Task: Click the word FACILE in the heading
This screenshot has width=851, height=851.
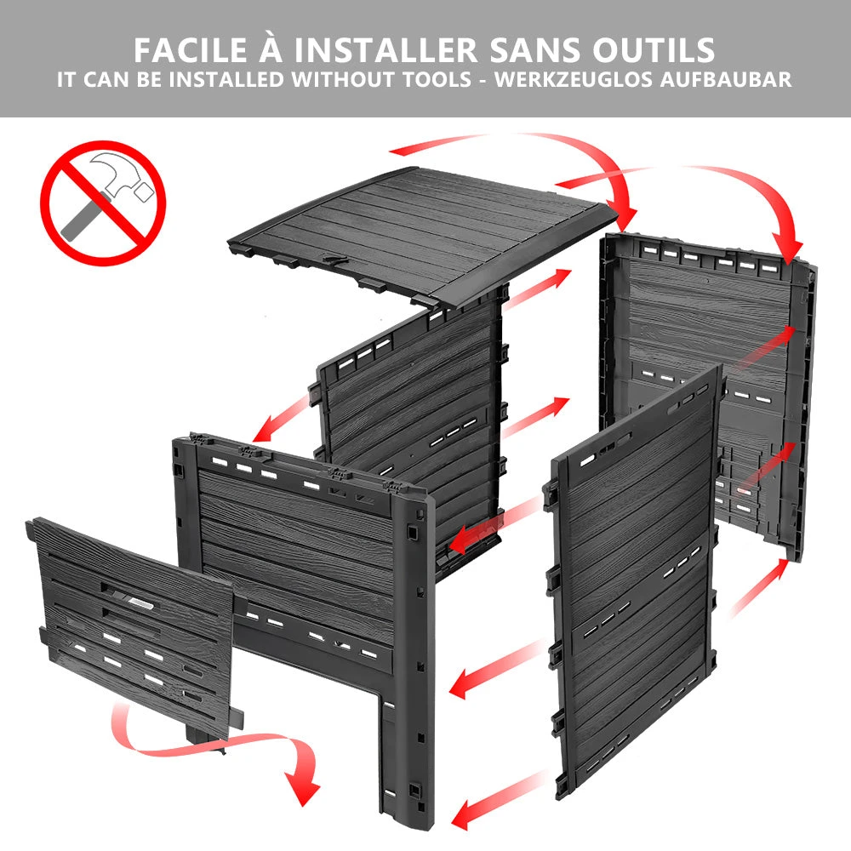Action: coord(191,50)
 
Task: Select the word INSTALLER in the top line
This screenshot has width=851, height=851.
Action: coord(386,50)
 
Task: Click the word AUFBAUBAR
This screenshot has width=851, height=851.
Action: coord(726,80)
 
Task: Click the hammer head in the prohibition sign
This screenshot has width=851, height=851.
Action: coord(121,174)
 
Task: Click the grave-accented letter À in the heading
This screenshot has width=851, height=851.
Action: coord(271,47)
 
